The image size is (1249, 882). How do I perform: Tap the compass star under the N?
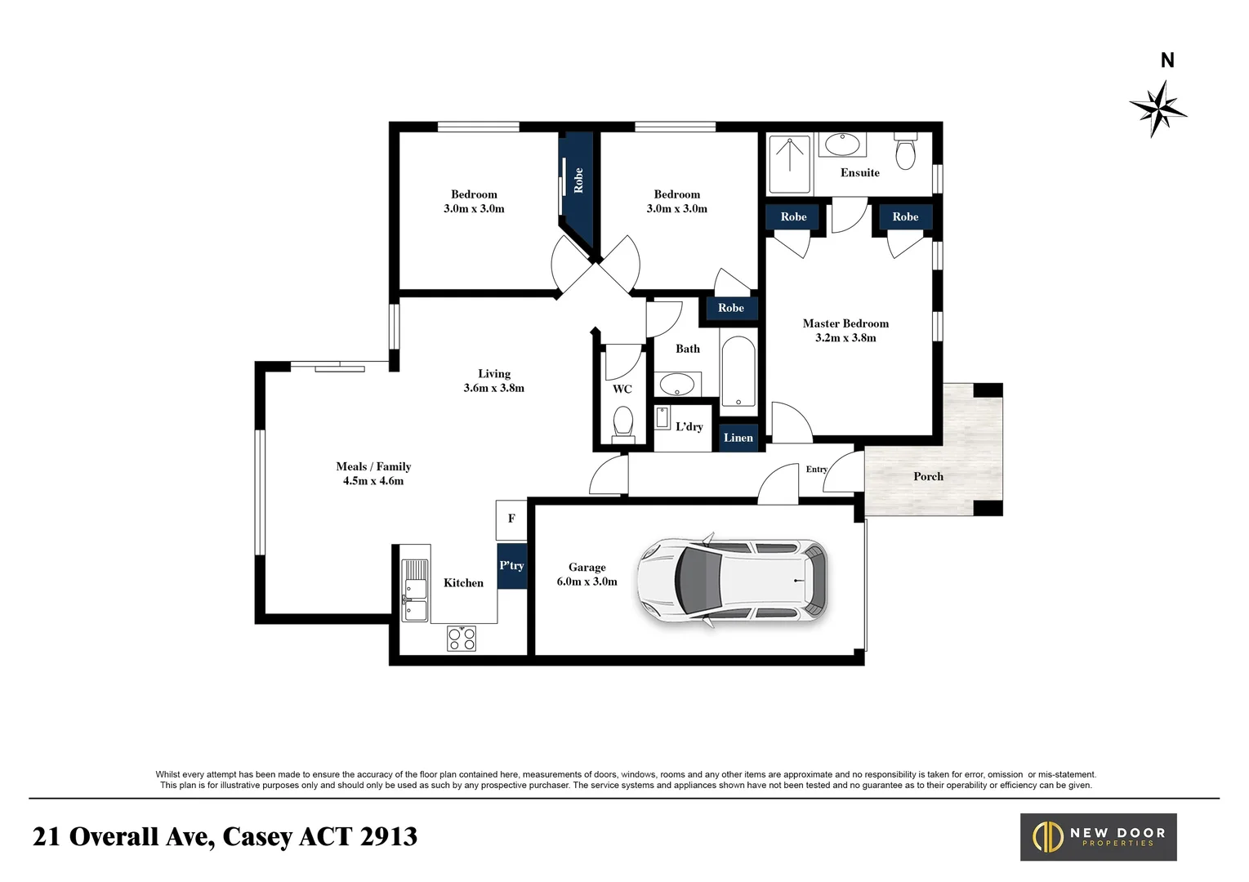(1158, 108)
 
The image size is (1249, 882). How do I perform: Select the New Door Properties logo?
(1098, 836)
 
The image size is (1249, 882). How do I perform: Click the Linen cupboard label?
(738, 438)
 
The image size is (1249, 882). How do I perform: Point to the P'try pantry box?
(511, 565)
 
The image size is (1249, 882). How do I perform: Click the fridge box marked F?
(511, 519)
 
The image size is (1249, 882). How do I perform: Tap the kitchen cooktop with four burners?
(462, 638)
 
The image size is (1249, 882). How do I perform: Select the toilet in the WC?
(622, 422)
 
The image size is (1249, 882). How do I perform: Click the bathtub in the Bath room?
(738, 371)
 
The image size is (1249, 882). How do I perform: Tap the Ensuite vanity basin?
(841, 145)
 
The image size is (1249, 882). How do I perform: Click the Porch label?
(928, 476)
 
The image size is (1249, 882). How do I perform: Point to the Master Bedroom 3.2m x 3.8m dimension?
(845, 338)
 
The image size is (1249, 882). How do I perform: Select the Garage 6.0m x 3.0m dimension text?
(587, 581)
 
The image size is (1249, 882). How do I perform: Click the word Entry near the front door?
(816, 469)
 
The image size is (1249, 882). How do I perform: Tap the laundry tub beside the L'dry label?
(662, 417)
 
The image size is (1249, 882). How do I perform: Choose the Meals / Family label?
(373, 466)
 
